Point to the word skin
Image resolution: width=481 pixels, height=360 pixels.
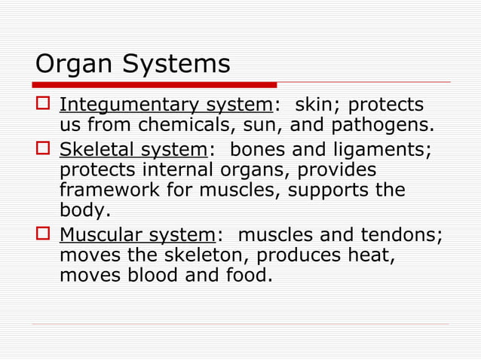pos(315,105)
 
